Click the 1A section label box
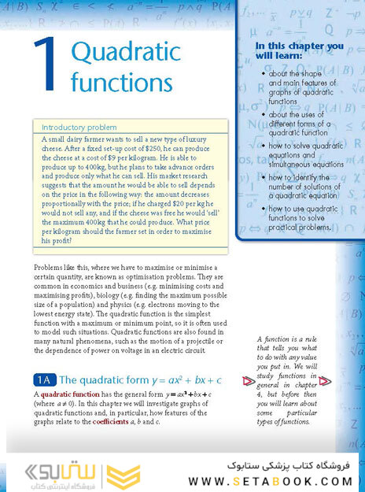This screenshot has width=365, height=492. [x=44, y=379]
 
